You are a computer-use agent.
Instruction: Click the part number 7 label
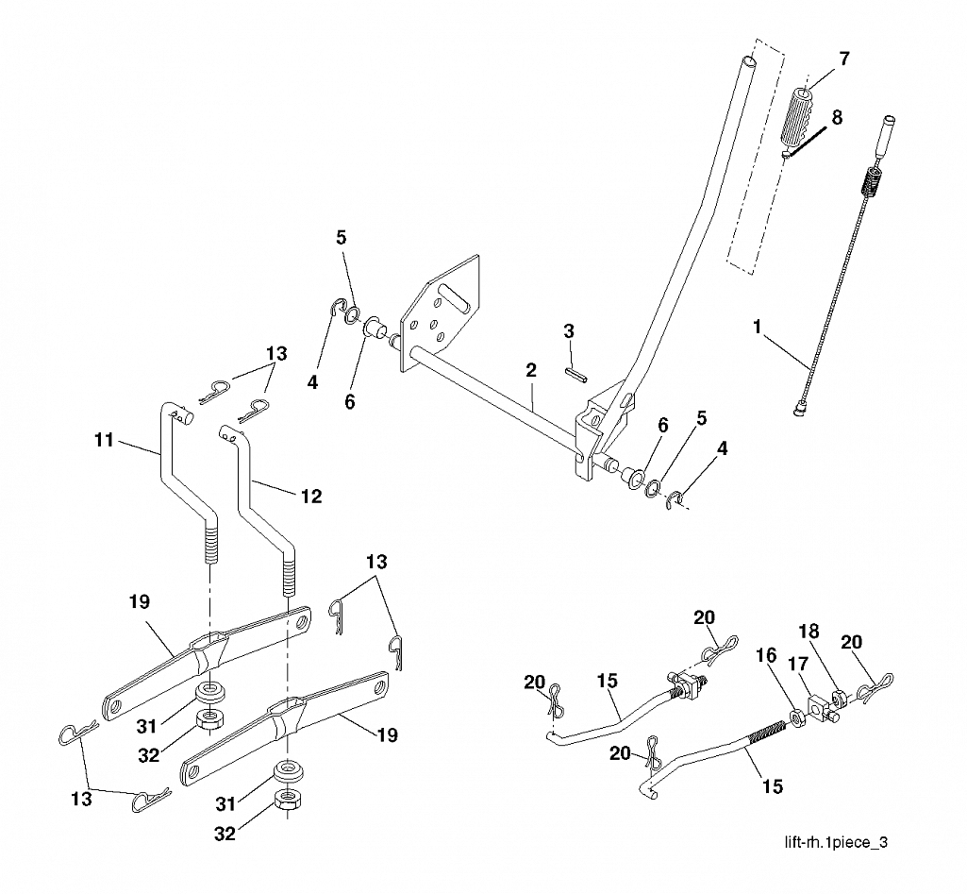point(843,59)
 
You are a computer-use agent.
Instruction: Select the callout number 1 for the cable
point(758,327)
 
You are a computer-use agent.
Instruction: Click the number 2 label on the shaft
point(530,370)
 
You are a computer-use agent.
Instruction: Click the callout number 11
point(104,440)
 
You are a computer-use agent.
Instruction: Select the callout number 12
point(311,496)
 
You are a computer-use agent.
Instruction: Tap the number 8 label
point(837,117)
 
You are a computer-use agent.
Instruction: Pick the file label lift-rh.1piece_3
point(836,842)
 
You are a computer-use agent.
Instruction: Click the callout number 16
point(766,655)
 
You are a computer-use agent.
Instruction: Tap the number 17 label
point(798,664)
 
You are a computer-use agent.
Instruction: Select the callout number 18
point(809,632)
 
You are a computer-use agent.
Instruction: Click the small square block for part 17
point(817,708)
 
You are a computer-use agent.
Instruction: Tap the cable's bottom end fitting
point(799,409)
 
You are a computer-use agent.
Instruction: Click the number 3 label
point(569,331)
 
